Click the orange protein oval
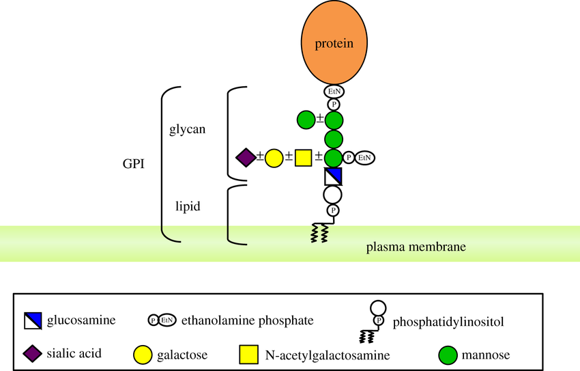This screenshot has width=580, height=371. pos(334,42)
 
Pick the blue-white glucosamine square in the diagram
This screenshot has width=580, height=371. pos(333,176)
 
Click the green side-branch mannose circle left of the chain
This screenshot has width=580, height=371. pos(306,121)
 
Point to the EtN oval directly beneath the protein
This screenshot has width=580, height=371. pos(334,91)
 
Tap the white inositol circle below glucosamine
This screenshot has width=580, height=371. pos(333,194)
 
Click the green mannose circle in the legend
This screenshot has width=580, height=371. pos(448,355)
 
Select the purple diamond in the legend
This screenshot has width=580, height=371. pos(33,354)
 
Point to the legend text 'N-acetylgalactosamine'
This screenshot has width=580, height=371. pos(327,355)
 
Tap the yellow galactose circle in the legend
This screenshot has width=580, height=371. pos(143,355)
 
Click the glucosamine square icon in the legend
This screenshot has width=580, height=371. pos(33,320)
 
